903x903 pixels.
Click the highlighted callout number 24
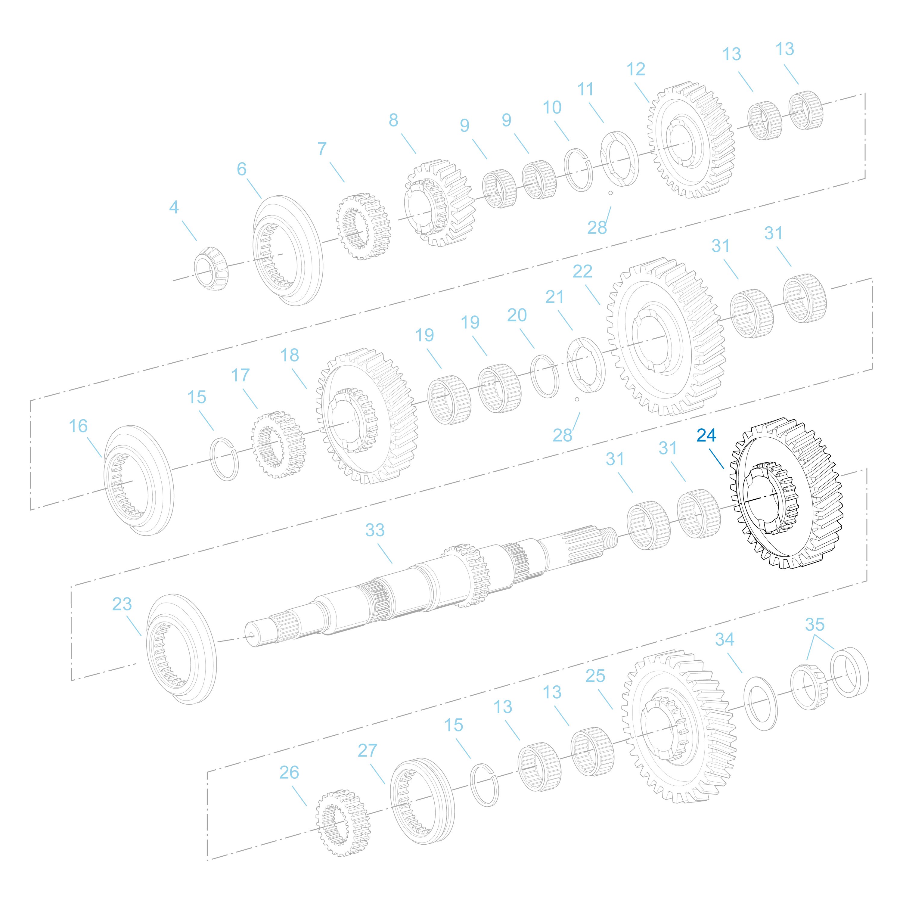pos(706,435)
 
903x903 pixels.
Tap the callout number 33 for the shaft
pos(375,530)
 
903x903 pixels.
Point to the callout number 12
pos(636,69)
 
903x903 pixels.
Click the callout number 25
pos(595,676)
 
